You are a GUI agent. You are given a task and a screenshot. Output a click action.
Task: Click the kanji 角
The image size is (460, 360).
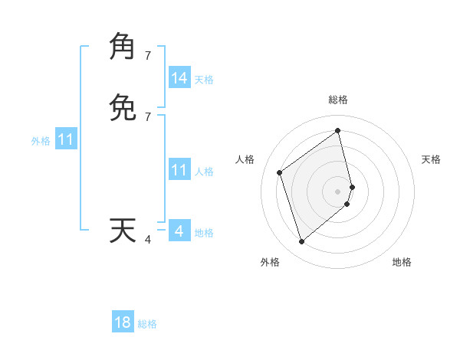123,46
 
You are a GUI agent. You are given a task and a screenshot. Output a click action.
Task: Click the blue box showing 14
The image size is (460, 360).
179,78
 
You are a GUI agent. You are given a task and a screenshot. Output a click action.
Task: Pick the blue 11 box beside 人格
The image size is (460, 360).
179,170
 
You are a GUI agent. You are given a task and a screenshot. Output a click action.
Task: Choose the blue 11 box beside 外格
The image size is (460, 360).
66,140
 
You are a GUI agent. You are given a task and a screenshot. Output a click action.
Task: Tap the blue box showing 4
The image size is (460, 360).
179,231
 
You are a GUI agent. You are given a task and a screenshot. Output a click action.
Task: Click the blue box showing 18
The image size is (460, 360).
123,322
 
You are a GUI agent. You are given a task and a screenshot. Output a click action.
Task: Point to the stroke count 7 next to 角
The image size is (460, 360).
148,55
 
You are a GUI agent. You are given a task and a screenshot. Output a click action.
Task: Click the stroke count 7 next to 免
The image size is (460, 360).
148,117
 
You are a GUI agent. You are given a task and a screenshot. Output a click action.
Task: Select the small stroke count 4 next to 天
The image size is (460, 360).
148,240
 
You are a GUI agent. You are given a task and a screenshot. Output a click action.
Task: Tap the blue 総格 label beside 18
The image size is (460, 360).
147,324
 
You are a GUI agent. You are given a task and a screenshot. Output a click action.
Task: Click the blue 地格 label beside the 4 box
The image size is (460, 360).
204,233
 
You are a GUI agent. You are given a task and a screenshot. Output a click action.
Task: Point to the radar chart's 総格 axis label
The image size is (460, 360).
338,100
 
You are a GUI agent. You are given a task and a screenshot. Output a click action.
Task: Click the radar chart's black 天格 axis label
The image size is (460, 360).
432,159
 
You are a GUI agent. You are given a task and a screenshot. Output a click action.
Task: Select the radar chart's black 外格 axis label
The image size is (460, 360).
270,262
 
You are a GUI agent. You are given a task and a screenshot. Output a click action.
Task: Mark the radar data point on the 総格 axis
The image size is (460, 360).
338,131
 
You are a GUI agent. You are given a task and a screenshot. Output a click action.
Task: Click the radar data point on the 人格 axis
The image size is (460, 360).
280,172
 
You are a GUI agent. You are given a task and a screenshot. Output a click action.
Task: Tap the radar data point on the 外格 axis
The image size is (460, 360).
301,242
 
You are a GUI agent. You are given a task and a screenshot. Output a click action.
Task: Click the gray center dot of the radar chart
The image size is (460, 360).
338,191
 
